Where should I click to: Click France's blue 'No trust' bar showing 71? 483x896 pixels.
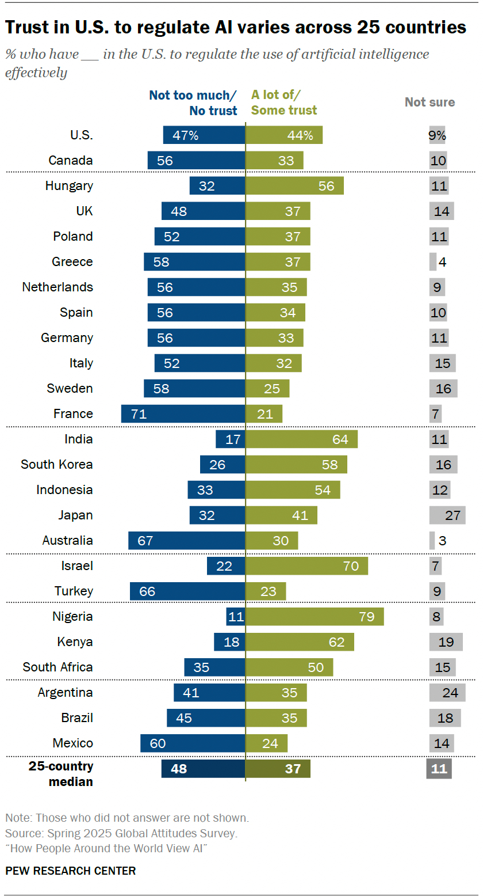click(183, 413)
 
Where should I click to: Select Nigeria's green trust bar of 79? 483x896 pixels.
click(315, 616)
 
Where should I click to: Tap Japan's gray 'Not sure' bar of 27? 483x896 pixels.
click(447, 515)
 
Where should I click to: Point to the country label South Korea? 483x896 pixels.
click(57, 464)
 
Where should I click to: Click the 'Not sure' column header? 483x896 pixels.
click(430, 102)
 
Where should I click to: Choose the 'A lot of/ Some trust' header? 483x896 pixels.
click(284, 102)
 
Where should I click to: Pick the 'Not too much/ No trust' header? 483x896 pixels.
click(193, 102)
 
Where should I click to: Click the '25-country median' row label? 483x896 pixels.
click(61, 774)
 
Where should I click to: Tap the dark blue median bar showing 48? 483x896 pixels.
click(203, 768)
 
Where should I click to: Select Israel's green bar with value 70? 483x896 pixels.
click(306, 565)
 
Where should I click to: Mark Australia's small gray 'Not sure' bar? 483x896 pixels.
click(432, 540)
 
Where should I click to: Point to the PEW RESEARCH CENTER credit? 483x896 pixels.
click(71, 871)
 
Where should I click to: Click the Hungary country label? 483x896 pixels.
click(69, 185)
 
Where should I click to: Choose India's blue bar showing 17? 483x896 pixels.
click(230, 439)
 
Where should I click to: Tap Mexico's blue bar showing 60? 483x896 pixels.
click(193, 743)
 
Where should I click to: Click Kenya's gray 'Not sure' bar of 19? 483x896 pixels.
click(446, 641)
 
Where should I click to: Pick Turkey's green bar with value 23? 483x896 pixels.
click(266, 591)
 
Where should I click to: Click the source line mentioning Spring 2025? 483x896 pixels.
click(121, 833)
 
